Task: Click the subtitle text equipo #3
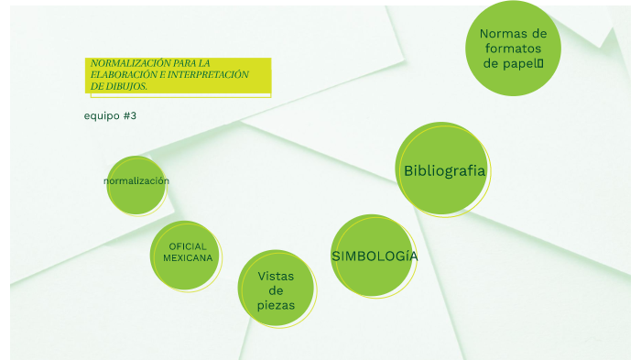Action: [x=110, y=115]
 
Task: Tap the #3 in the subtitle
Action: [x=130, y=115]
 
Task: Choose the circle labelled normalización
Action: [x=136, y=185]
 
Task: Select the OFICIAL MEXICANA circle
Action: [x=185, y=256]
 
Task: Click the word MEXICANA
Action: [x=188, y=257]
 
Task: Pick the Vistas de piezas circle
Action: [x=276, y=288]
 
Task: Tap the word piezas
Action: [x=276, y=306]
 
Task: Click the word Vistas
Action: [x=276, y=276]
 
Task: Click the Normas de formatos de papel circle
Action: [x=513, y=49]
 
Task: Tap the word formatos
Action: [x=513, y=49]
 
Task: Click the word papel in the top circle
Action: [x=521, y=64]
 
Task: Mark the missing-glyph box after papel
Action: [x=540, y=63]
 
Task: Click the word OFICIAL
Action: [x=188, y=246]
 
